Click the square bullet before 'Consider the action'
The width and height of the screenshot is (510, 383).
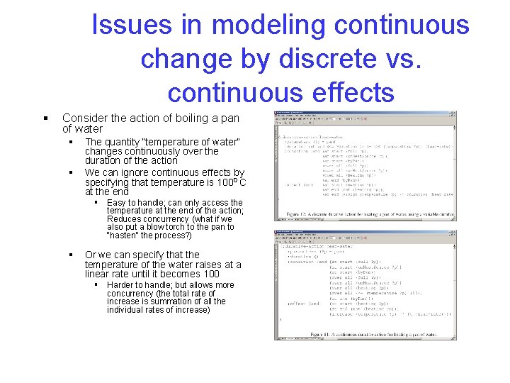[45, 118]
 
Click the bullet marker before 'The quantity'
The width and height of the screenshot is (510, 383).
[71, 143]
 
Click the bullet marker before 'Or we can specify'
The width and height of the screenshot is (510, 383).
[71, 255]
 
